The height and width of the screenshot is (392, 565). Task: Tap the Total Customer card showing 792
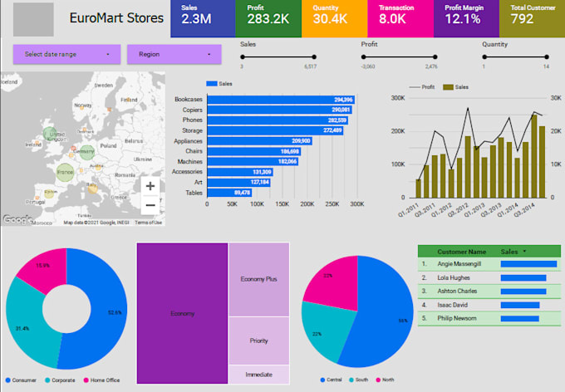click(531, 18)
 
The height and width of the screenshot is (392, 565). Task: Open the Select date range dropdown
click(66, 54)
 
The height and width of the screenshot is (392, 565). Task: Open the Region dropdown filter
click(174, 54)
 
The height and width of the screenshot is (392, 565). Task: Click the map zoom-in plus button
click(150, 187)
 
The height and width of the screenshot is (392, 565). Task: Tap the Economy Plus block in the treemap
click(258, 280)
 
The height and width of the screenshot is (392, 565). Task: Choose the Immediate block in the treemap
click(258, 375)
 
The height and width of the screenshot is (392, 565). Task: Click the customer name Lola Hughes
click(453, 277)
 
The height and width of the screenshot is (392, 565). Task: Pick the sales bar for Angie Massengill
click(528, 264)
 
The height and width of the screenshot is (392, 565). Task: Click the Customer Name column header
click(461, 251)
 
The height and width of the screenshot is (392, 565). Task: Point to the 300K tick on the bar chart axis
click(356, 203)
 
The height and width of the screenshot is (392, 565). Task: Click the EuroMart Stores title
click(115, 18)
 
